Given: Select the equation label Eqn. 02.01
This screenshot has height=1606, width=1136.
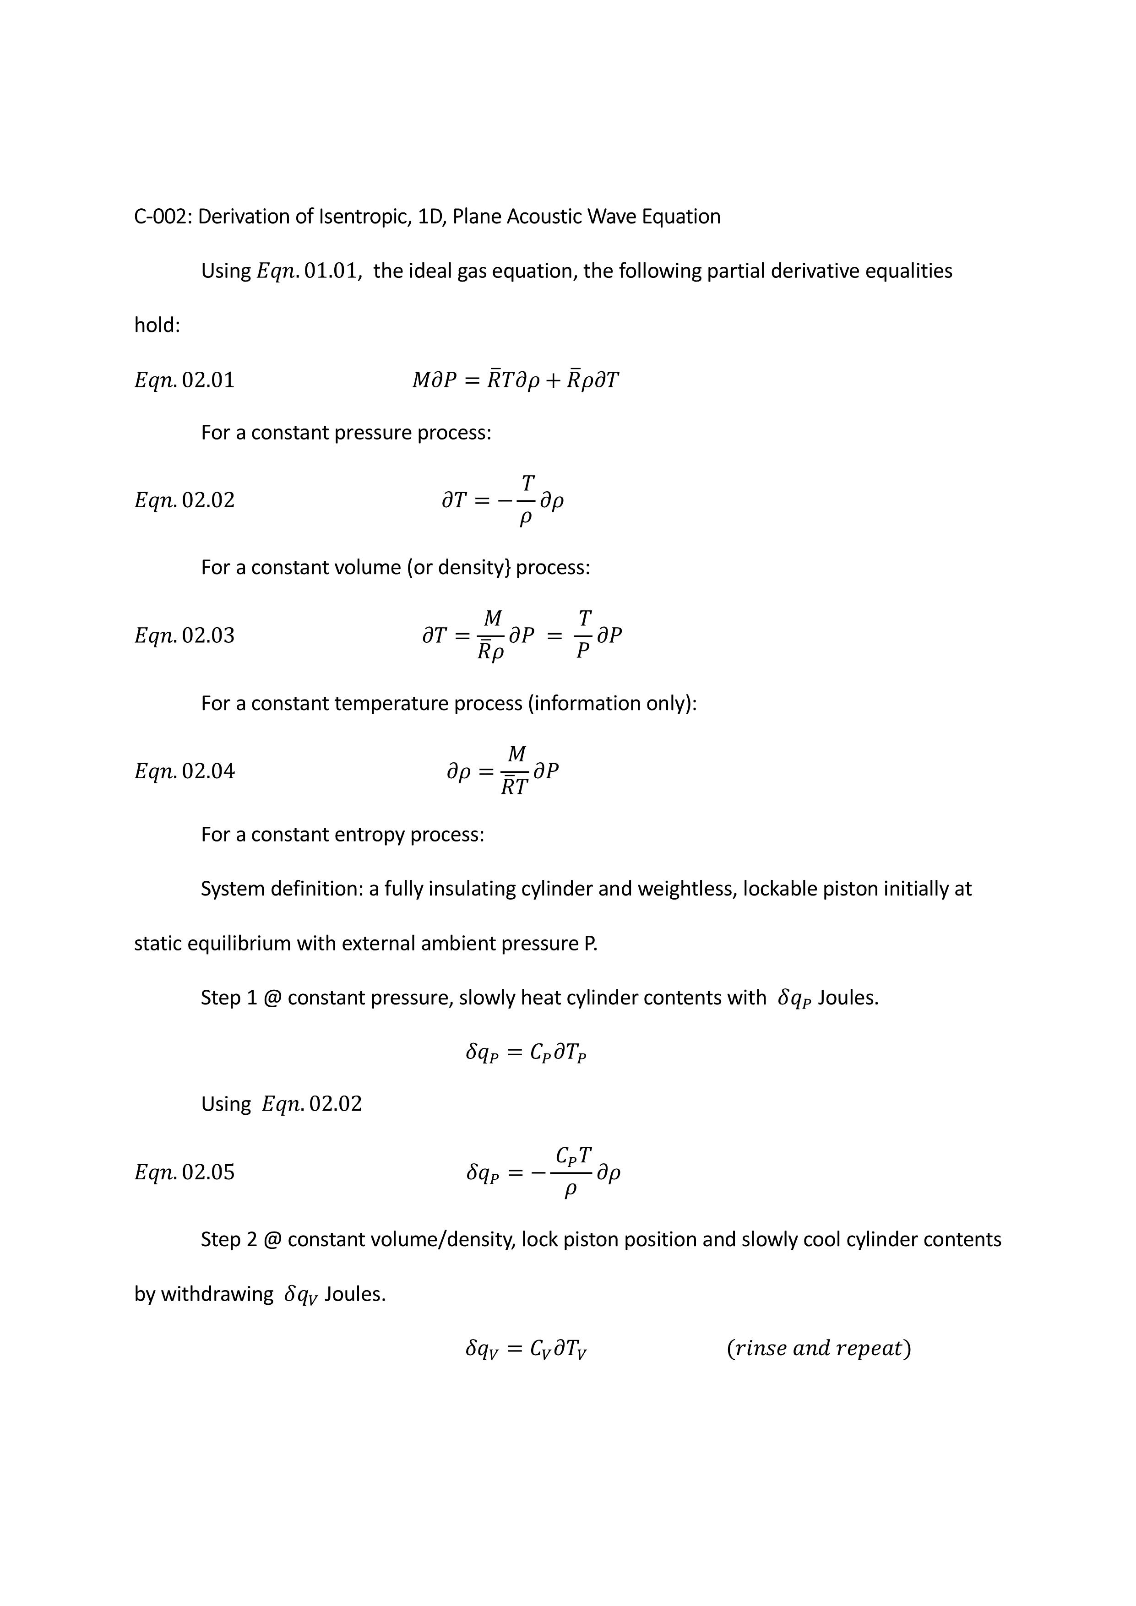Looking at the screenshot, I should point(184,380).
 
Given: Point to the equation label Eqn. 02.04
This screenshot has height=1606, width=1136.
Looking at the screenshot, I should point(184,771).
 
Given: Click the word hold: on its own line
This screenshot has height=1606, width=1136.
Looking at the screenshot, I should point(157,325).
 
